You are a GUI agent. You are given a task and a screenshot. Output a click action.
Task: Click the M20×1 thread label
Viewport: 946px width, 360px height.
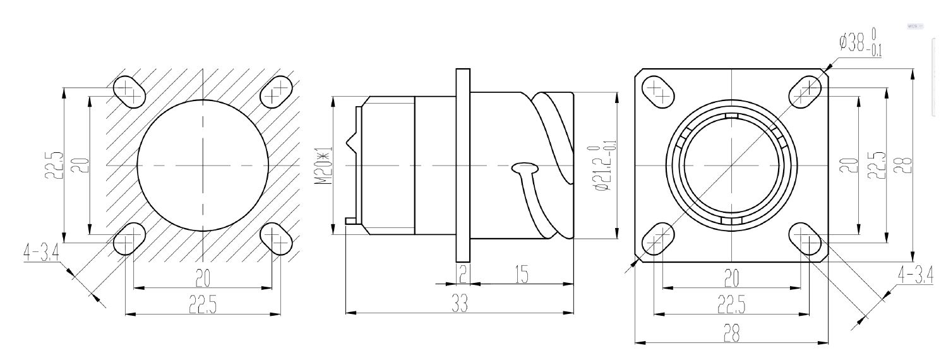point(324,165)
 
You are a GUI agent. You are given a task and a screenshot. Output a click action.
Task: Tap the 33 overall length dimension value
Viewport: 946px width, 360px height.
point(460,303)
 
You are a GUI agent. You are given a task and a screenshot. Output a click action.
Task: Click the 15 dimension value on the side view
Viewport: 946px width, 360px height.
point(522,275)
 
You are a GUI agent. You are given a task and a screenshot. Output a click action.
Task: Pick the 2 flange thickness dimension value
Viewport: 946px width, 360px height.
point(463,275)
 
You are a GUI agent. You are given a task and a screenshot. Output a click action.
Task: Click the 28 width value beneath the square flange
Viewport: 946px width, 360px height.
point(732,333)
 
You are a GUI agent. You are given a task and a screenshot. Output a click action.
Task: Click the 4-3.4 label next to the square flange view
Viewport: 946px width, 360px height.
point(915,276)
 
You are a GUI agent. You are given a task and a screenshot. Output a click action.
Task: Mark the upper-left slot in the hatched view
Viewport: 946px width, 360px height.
point(129,92)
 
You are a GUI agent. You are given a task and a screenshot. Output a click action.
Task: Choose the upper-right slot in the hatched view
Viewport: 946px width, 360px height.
point(276,92)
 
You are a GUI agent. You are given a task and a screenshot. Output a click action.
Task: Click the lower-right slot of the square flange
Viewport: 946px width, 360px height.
point(805,239)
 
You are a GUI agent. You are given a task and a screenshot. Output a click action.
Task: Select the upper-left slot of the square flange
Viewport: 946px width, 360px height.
point(658,92)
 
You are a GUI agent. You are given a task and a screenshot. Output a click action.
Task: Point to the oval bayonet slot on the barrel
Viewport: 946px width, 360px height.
point(525,169)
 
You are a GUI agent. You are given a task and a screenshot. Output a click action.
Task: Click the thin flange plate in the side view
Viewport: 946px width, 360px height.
point(463,165)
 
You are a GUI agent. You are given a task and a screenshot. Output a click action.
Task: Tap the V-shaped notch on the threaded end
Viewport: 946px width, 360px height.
point(351,143)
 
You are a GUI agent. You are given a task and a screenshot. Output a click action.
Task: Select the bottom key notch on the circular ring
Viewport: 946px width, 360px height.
point(731,222)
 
